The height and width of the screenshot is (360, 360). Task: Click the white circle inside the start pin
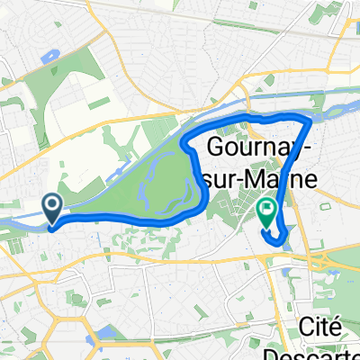point(53,208)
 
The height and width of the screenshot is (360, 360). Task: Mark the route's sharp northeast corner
point(310,119)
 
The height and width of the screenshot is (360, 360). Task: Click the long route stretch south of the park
point(117,217)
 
